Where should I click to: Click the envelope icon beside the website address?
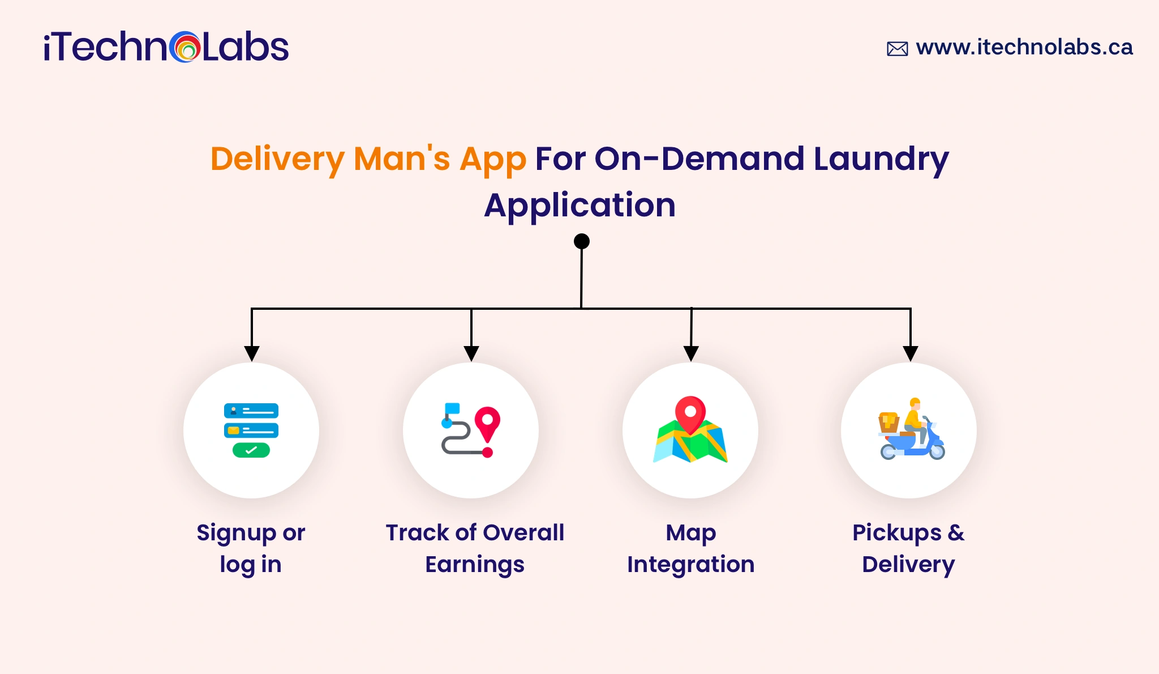pos(897,49)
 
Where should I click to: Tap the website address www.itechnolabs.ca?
pos(1024,47)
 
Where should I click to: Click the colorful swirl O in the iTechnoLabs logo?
pos(184,47)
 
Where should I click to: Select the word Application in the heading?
pos(579,205)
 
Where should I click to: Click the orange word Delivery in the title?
pos(277,159)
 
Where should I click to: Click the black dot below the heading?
pos(582,241)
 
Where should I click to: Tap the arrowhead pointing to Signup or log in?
pos(252,353)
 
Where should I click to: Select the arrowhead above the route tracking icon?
pos(471,353)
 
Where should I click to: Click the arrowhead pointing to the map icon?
pos(691,353)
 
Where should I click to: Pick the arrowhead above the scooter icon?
pos(910,353)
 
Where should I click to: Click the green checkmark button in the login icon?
pos(251,450)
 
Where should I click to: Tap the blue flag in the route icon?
pos(452,409)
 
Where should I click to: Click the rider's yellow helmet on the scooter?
pos(915,403)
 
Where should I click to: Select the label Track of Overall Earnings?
pos(475,548)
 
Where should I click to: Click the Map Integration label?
pos(690,548)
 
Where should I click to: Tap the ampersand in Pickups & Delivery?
pos(956,533)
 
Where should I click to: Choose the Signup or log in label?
pos(251,548)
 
